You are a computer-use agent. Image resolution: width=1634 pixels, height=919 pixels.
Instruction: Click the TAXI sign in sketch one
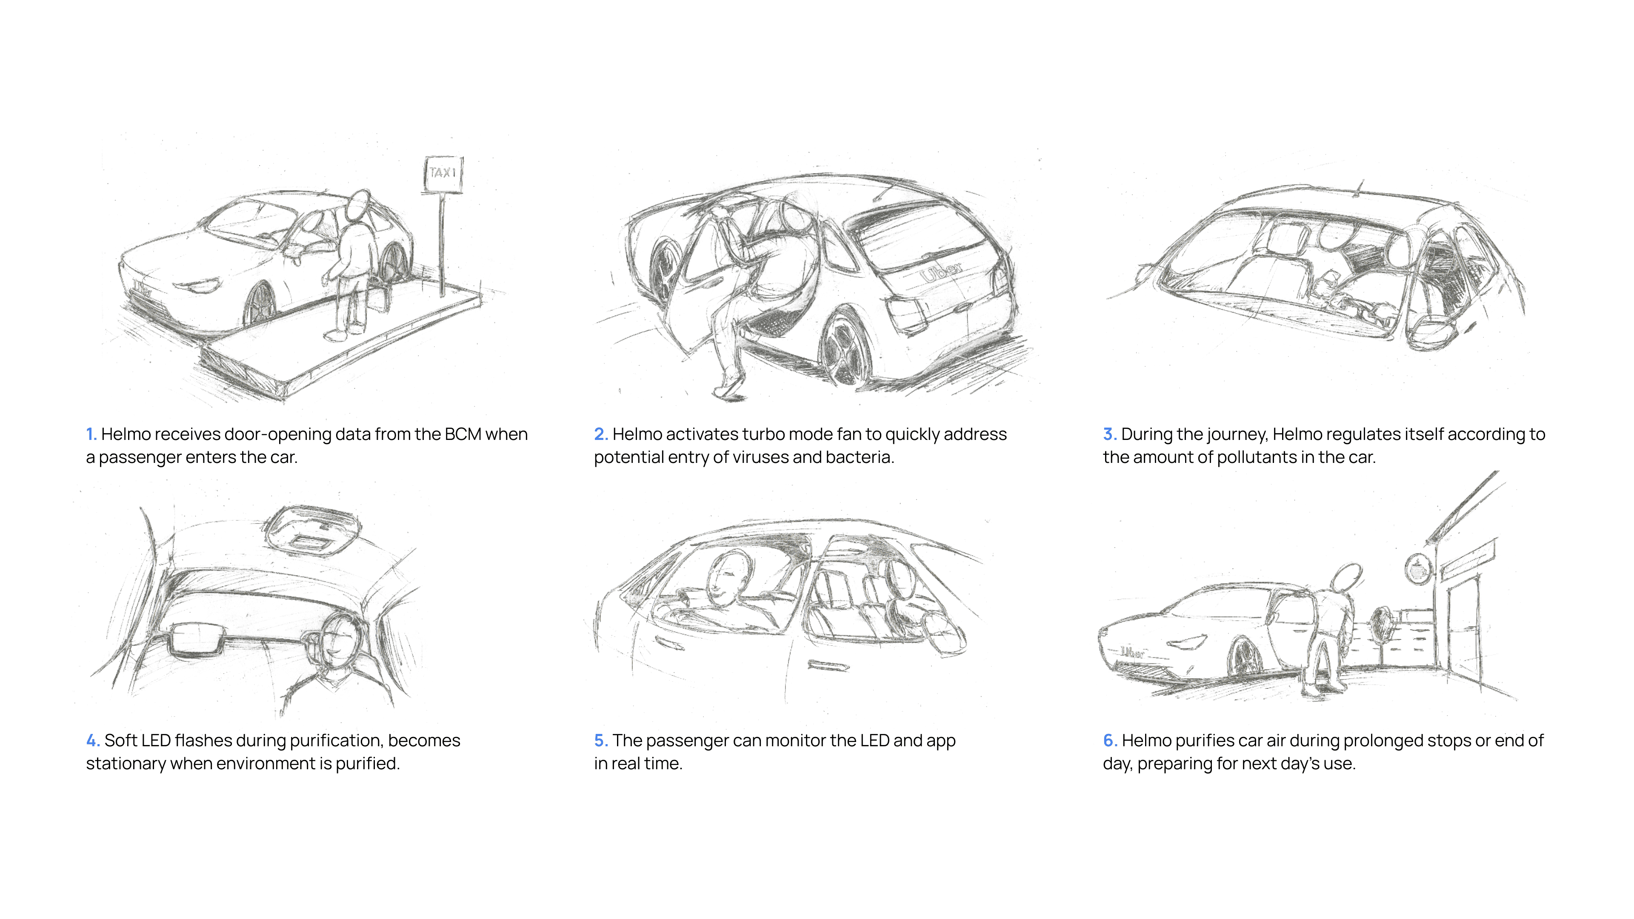click(443, 173)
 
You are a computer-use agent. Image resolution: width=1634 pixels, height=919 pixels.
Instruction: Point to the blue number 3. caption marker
click(1109, 434)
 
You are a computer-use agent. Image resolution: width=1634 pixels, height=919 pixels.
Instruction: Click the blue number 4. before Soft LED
click(93, 741)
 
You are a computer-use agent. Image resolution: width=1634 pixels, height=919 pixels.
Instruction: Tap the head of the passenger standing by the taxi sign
click(359, 203)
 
